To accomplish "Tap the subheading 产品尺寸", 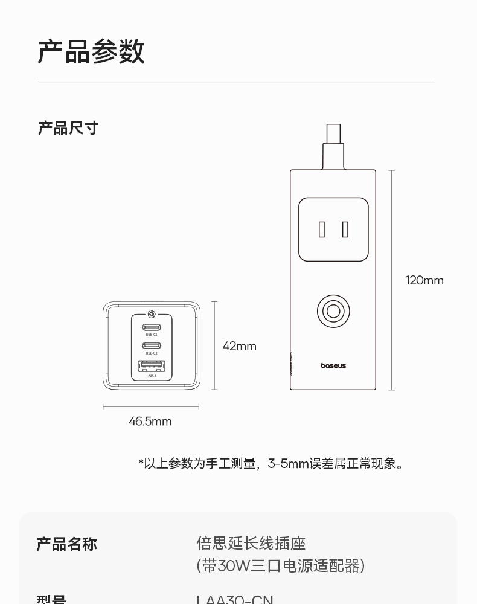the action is click(x=68, y=128).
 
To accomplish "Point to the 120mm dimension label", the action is click(x=424, y=280).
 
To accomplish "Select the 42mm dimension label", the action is click(x=239, y=346).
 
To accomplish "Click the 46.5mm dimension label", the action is click(x=150, y=422).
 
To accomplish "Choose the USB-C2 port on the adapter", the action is click(x=152, y=346).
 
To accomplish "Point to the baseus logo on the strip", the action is click(x=333, y=365).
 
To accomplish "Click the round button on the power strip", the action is click(x=333, y=312).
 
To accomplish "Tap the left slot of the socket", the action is click(x=322, y=230).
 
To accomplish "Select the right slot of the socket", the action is click(x=345, y=230).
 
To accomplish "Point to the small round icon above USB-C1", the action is click(x=152, y=314).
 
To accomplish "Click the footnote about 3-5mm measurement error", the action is click(x=272, y=464).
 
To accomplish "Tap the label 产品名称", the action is click(x=66, y=544).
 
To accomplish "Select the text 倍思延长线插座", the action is click(x=251, y=544).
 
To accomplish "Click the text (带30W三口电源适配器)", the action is click(x=280, y=566).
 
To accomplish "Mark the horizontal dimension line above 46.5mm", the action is click(x=150, y=407).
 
